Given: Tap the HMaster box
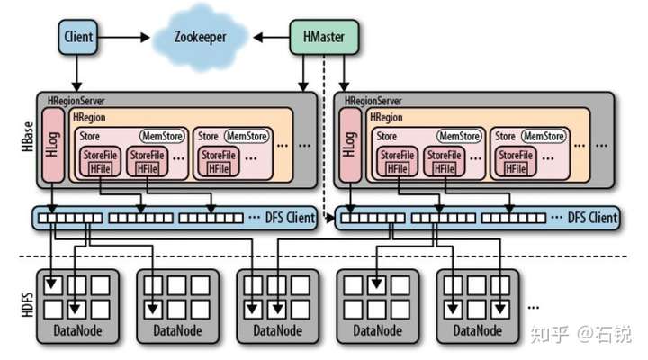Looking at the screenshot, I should pyautogui.click(x=321, y=38).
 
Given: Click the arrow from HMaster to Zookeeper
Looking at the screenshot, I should pyautogui.click(x=271, y=38).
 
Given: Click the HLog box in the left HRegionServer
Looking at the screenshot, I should pyautogui.click(x=54, y=146).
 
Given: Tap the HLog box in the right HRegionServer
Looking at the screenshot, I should pyautogui.click(x=351, y=146).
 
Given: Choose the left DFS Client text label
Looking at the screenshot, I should pyautogui.click(x=287, y=219).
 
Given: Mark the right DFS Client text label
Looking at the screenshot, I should pyautogui.click(x=593, y=219).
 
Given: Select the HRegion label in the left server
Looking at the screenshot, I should pyautogui.click(x=90, y=116).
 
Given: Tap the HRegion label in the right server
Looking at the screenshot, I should pyautogui.click(x=387, y=116).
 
